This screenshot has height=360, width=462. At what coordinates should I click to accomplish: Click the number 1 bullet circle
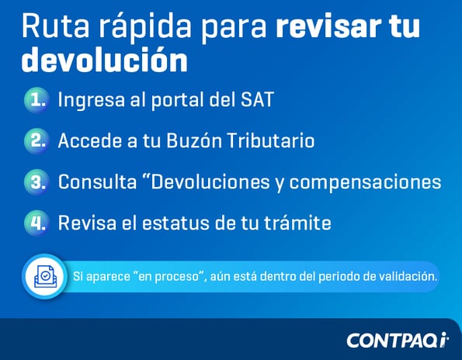coord(36,99)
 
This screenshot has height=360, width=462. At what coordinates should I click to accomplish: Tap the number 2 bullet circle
coord(36,140)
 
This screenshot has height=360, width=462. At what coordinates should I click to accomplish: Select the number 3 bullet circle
coord(36,182)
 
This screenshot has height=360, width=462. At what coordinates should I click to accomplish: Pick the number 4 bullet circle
coord(36,223)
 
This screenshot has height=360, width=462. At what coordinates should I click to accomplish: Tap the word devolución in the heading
coord(104,58)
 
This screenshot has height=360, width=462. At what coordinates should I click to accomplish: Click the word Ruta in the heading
coord(50,26)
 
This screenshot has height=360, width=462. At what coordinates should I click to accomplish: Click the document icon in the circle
coord(44,276)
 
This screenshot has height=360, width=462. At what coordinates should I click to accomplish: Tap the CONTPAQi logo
coord(397,340)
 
